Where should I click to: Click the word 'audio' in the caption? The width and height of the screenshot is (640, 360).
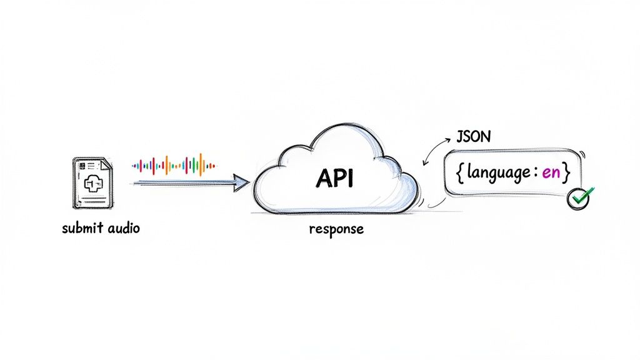(x=122, y=228)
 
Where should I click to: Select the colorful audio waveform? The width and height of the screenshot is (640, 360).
(x=174, y=164)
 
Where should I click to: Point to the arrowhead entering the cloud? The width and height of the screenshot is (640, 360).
(x=241, y=183)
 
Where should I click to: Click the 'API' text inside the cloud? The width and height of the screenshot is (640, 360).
(x=334, y=179)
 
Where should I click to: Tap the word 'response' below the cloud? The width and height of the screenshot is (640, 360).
(x=336, y=229)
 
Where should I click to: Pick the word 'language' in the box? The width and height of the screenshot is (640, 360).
(x=495, y=174)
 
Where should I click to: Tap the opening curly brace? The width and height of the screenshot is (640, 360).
(x=459, y=173)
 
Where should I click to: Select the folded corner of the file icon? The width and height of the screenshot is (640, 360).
(x=107, y=163)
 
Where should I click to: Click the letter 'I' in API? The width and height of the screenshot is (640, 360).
(x=350, y=179)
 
